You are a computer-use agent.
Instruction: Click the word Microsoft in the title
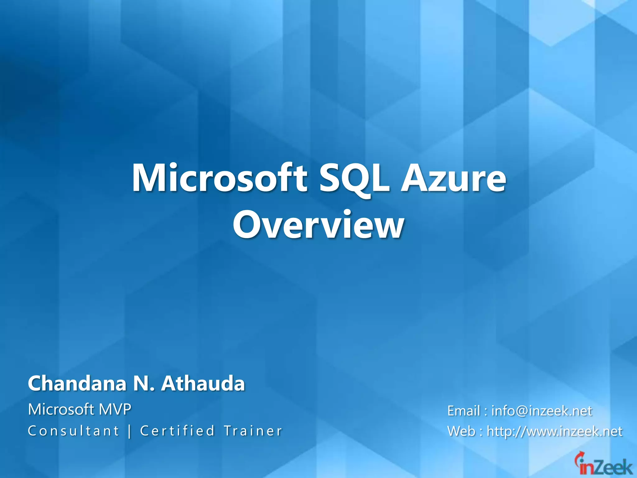click(x=220, y=178)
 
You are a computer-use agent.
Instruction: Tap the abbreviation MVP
click(x=115, y=409)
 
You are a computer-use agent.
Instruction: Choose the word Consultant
click(x=73, y=431)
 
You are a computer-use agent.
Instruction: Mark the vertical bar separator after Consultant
click(x=129, y=431)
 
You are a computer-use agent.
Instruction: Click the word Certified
click(x=177, y=431)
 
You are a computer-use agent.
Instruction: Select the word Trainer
click(x=253, y=431)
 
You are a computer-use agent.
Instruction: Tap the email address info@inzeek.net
click(x=542, y=411)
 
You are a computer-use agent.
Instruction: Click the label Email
click(x=463, y=411)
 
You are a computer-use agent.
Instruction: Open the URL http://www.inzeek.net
click(x=555, y=431)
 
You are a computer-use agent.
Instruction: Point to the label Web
click(x=461, y=431)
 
